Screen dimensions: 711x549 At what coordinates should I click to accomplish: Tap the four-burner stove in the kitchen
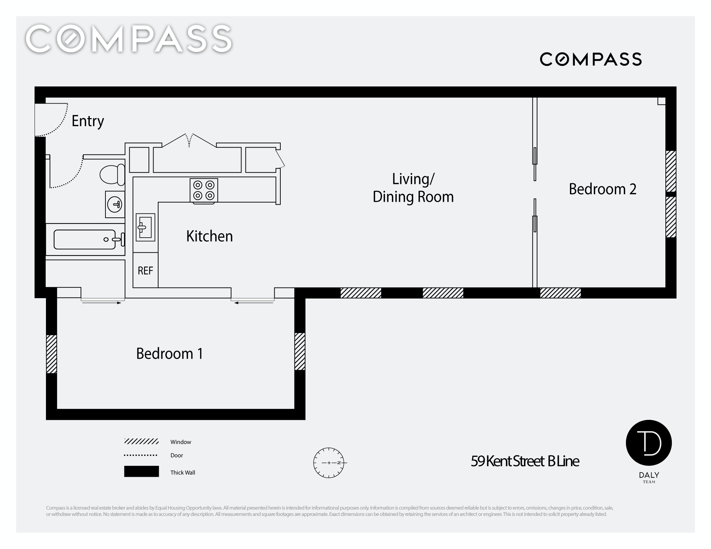[204, 190]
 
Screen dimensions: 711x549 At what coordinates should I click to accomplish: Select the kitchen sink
[145, 227]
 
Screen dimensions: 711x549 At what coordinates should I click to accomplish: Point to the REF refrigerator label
[145, 271]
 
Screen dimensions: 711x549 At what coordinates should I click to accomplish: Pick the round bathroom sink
[115, 205]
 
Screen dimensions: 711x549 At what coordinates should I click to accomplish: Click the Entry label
[88, 121]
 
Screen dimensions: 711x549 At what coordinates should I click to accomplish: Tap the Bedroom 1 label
[170, 354]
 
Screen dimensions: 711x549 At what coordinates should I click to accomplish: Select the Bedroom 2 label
[603, 189]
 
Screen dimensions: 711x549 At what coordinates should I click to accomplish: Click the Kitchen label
[209, 236]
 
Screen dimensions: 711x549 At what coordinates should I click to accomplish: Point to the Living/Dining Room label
[413, 188]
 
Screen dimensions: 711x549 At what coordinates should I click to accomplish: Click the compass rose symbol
[329, 463]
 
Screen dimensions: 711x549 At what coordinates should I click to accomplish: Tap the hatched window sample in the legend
[141, 442]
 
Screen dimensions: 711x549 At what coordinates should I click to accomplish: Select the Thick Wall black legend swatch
[141, 471]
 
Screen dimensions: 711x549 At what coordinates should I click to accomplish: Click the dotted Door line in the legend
[141, 455]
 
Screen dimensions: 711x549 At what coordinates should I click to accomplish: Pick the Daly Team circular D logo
[649, 443]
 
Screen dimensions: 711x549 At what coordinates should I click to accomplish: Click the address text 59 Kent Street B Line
[525, 461]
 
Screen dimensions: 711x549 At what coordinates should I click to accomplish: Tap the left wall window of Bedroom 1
[52, 354]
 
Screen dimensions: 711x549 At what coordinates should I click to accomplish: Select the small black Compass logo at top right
[591, 59]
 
